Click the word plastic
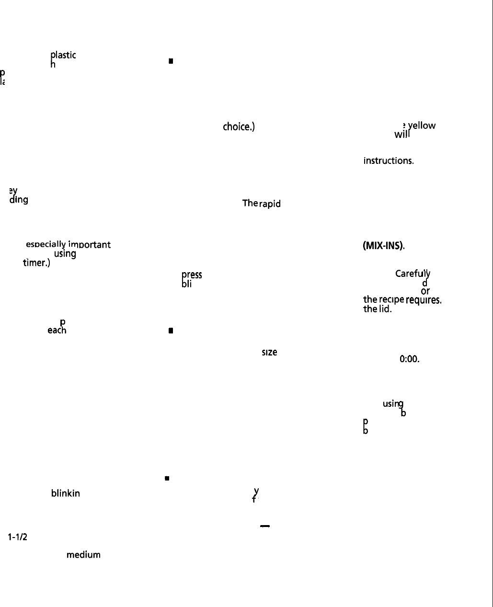[x=63, y=55]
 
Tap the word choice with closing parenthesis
[x=239, y=127]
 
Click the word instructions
[x=389, y=161]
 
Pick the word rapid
[x=270, y=204]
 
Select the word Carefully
[x=413, y=274]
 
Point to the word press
[x=192, y=275]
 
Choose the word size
[x=269, y=352]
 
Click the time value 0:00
[x=409, y=359]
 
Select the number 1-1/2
[x=17, y=537]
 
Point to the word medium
[x=83, y=555]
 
